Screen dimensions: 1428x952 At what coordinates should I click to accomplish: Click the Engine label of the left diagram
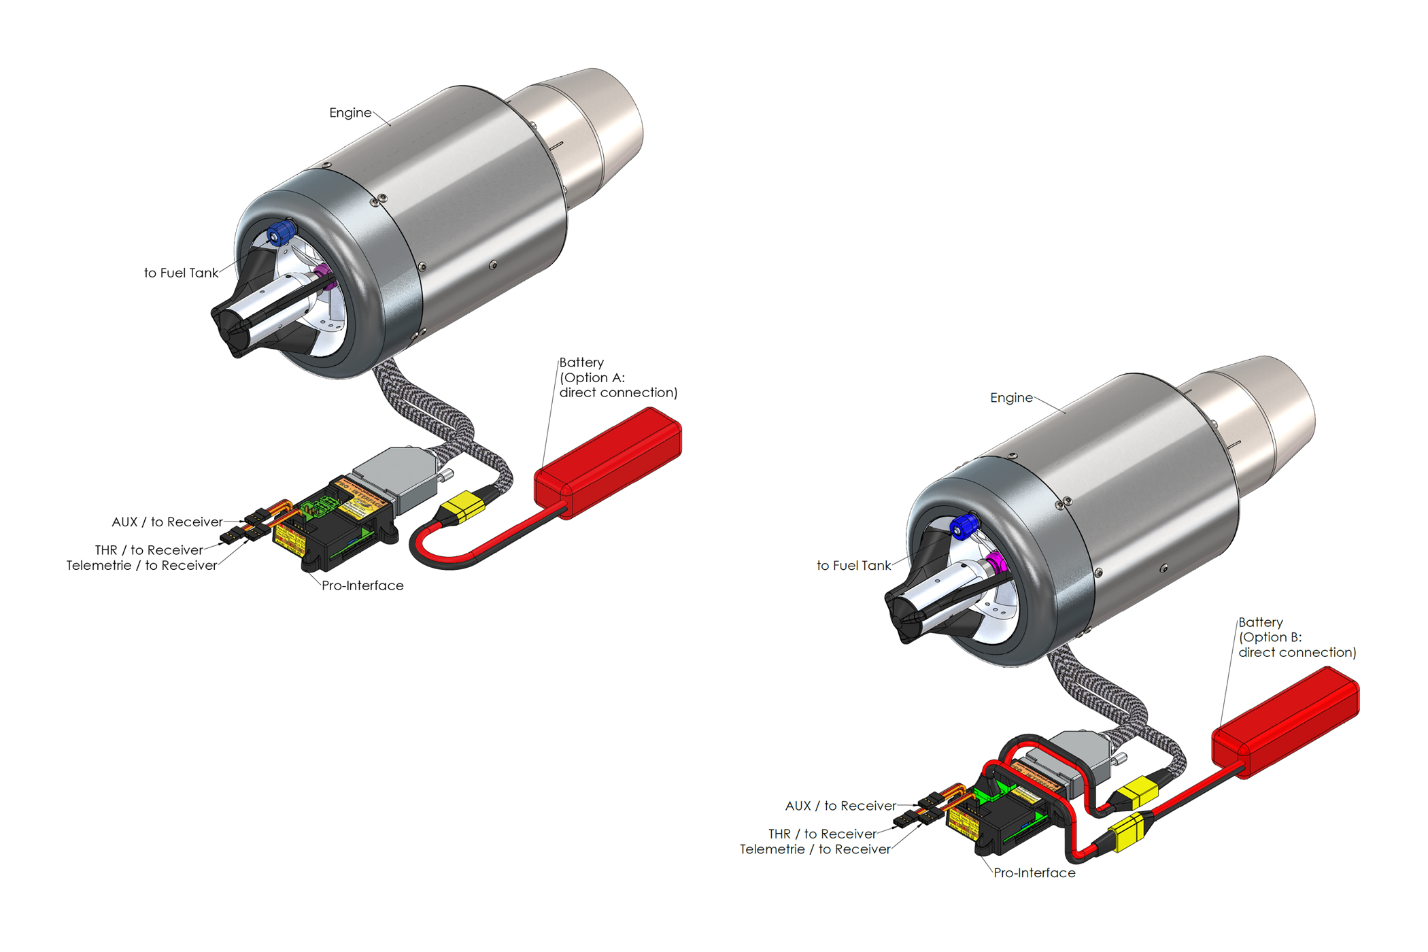[350, 113]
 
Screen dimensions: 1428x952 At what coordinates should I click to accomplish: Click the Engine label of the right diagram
[1011, 398]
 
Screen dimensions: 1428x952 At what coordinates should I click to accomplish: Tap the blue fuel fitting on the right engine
[964, 526]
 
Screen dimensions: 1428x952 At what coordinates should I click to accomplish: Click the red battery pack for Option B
[1285, 721]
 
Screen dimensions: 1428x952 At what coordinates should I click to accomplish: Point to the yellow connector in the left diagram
[463, 506]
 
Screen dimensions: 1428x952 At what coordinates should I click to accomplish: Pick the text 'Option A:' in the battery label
[592, 377]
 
